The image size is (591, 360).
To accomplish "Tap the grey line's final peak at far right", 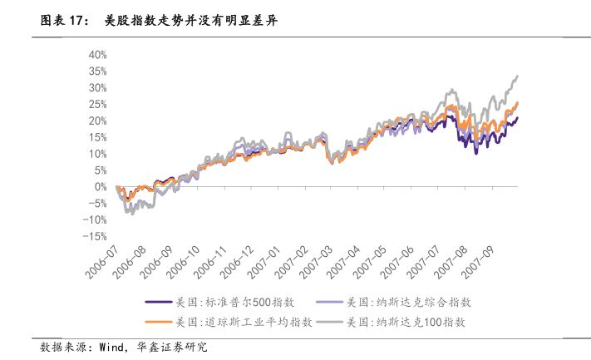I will point(517,76).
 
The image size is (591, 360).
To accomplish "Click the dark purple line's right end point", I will point(517,118).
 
